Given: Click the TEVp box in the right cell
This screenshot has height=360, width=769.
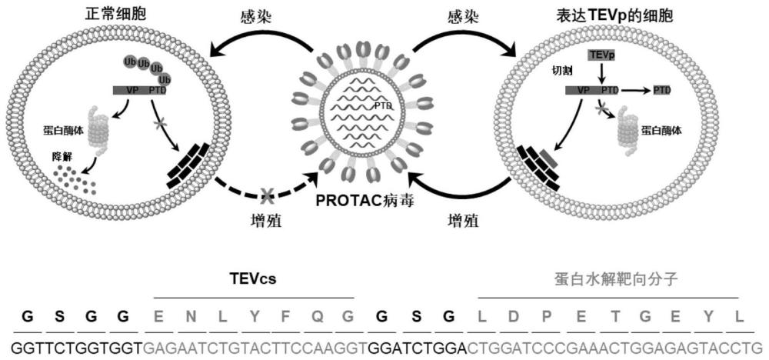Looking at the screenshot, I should pyautogui.click(x=601, y=55).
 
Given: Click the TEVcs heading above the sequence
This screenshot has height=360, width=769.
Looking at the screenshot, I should pyautogui.click(x=254, y=279).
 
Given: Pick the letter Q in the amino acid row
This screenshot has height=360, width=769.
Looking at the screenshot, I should pyautogui.click(x=317, y=317).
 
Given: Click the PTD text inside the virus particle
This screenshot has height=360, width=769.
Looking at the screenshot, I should pyautogui.click(x=383, y=104).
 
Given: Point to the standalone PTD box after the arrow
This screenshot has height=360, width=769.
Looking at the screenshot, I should pyautogui.click(x=661, y=90).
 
